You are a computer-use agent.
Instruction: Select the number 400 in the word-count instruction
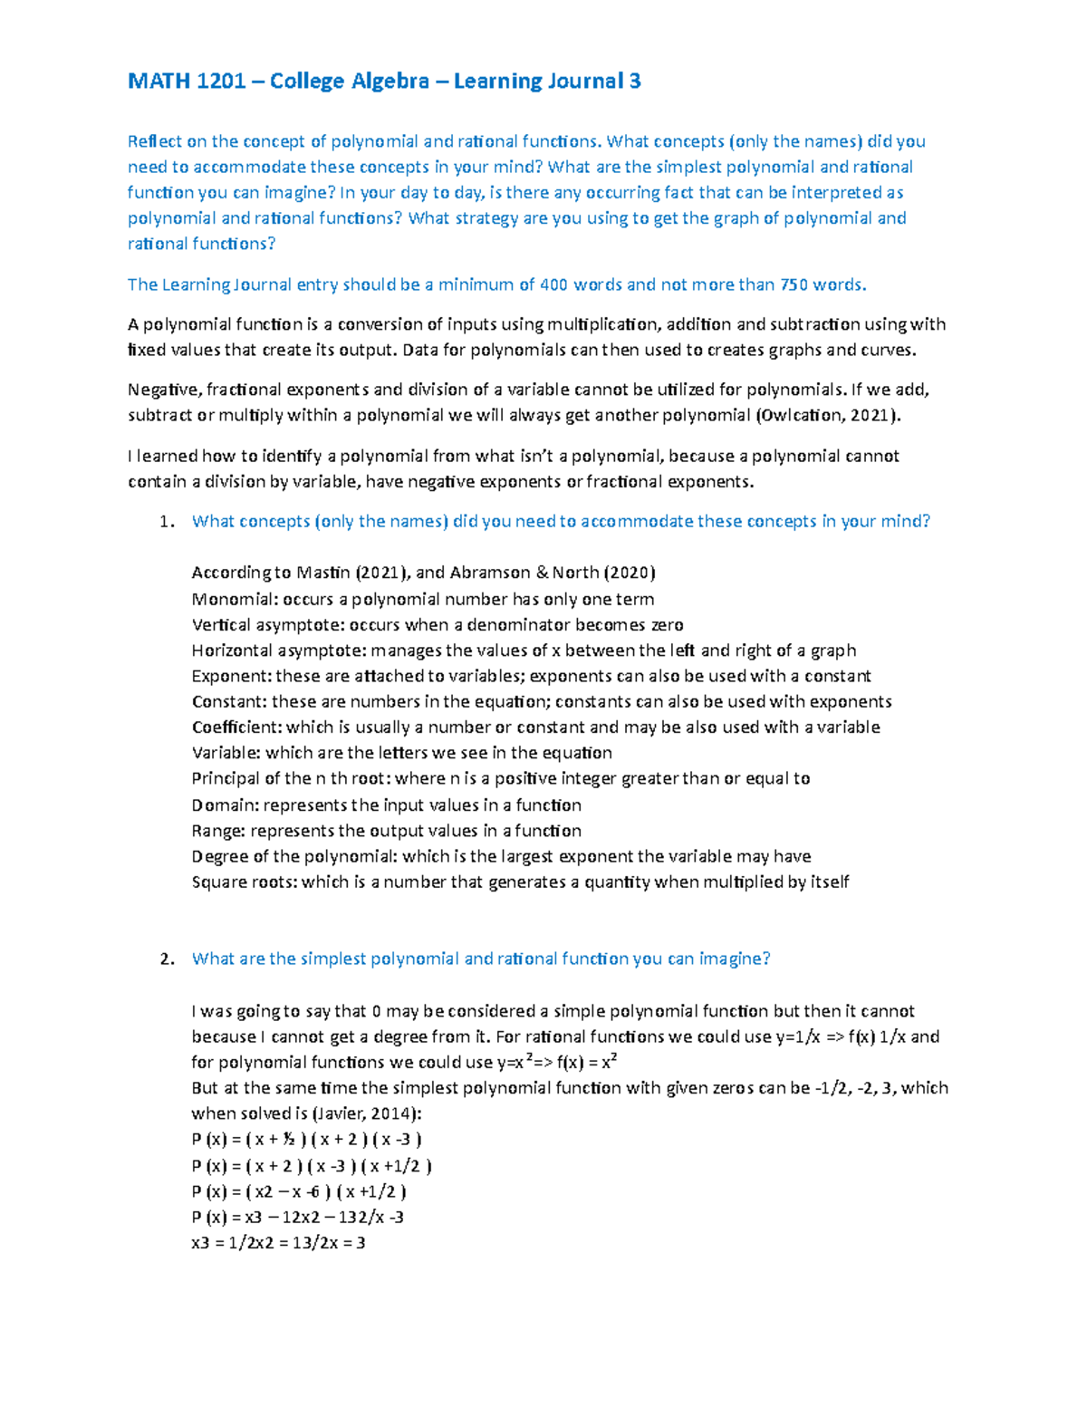(x=553, y=284)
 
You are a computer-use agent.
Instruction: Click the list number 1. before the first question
(x=166, y=522)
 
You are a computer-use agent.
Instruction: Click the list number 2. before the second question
(x=166, y=959)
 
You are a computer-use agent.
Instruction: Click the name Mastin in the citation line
(x=323, y=573)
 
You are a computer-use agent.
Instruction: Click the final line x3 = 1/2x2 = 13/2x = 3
(x=278, y=1243)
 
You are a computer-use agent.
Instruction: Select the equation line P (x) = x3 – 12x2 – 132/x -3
(x=298, y=1218)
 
